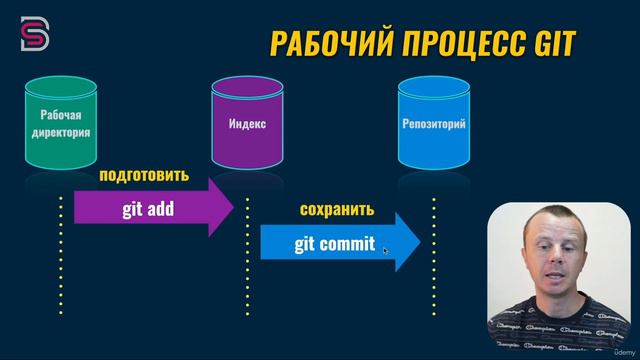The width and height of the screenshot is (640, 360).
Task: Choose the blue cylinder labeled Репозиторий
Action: (x=432, y=124)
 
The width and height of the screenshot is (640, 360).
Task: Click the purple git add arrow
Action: (x=150, y=207)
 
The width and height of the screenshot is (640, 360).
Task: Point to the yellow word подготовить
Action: (x=143, y=175)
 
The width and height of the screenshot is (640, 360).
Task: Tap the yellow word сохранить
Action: (x=336, y=210)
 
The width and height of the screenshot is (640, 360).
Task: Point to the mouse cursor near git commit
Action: (x=385, y=250)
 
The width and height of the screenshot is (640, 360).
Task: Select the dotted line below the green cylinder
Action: (x=60, y=260)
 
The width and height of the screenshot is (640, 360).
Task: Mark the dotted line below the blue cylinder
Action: (x=433, y=260)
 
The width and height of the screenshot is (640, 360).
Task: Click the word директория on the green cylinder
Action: (x=59, y=131)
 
